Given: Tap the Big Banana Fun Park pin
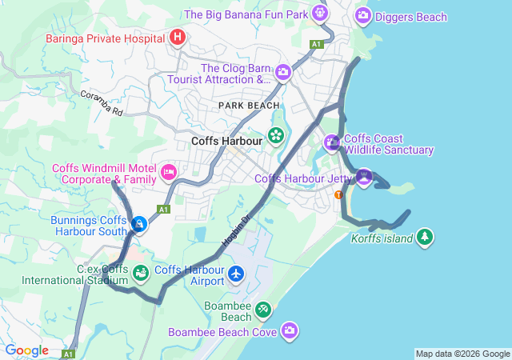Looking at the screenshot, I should click(320, 13).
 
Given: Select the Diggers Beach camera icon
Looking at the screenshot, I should click(363, 15).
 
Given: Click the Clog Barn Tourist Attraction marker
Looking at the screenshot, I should click(282, 73).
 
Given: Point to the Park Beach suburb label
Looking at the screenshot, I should click(250, 106).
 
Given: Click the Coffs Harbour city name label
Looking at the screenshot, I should click(227, 142).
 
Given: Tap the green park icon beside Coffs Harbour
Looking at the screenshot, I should click(276, 135).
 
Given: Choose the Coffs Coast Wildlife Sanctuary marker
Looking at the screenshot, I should click(333, 143).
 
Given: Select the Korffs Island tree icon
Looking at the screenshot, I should click(425, 237).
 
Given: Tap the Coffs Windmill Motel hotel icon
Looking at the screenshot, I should click(168, 171).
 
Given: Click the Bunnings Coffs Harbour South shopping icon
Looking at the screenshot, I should click(140, 224).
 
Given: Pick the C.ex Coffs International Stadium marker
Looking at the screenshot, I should click(141, 274).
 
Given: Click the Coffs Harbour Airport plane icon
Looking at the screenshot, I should click(235, 274).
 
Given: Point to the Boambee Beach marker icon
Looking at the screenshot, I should click(262, 309).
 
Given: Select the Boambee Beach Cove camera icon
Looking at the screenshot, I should click(290, 330).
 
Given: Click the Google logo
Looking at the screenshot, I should click(27, 350).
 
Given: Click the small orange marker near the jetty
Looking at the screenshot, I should click(338, 194).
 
